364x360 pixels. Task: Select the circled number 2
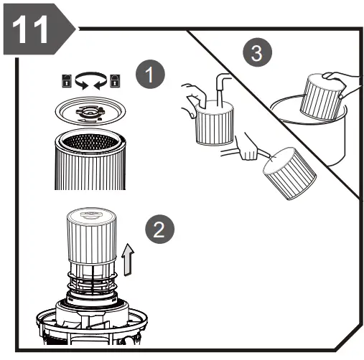[x=159, y=231]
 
